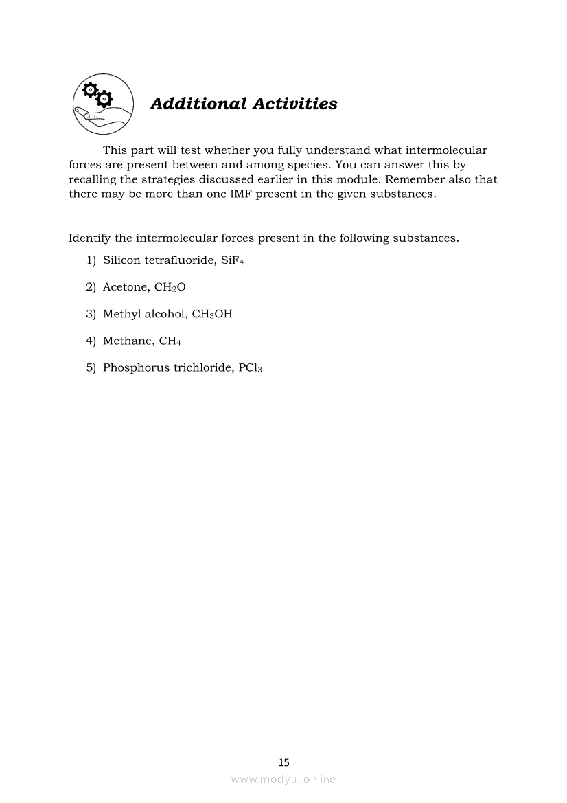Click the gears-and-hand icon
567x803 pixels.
tap(103, 104)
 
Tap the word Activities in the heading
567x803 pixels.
tap(294, 104)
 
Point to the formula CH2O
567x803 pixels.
tap(165, 287)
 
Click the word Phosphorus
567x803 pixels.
tap(136, 367)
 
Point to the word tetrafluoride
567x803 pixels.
tap(178, 260)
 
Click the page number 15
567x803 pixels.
tap(283, 762)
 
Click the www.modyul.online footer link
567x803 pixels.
tap(283, 779)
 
